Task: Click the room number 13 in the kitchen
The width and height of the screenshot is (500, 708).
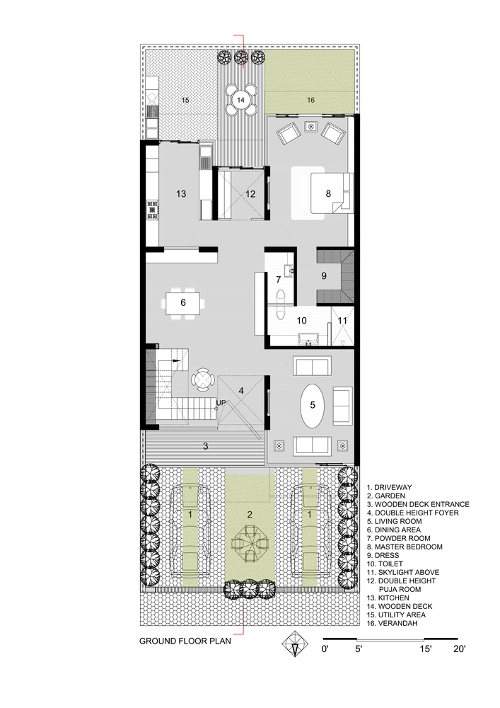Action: pos(182,194)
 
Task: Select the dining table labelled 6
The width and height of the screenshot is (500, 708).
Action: pos(183,303)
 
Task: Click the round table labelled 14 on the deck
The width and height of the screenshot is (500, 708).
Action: pos(241,100)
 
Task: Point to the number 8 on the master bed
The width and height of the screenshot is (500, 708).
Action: pos(328,193)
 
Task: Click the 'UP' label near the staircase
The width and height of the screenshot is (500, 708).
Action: pos(221,403)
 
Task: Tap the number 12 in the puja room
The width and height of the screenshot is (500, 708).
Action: pos(250,194)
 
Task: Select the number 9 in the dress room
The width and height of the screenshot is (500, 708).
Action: pos(324,276)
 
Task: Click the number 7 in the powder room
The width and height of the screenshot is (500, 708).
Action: pos(279,280)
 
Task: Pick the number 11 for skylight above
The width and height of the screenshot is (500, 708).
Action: pos(343,320)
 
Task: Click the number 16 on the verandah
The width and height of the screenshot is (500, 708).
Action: pos(310,101)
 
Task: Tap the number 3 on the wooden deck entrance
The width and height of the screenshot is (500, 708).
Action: pos(206,446)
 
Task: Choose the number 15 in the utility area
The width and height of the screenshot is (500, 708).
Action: pos(185,101)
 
